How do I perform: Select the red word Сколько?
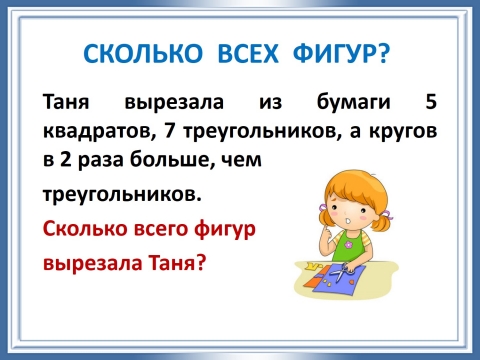(79, 229)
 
